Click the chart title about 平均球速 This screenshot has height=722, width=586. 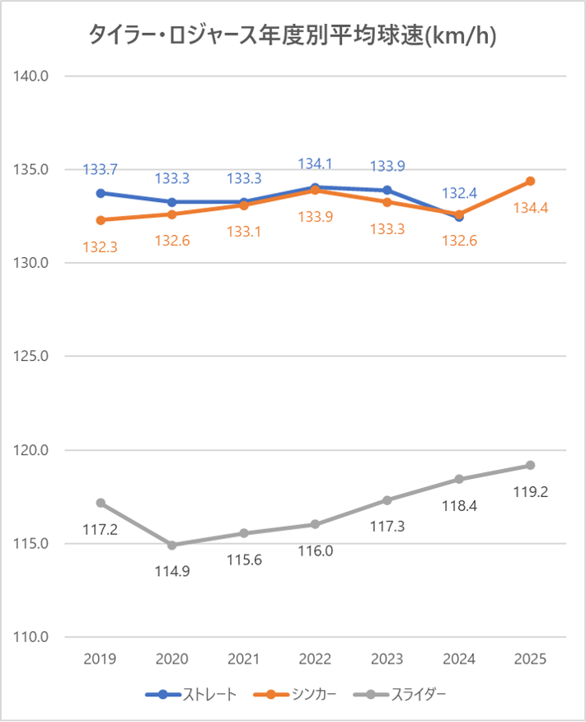[293, 35]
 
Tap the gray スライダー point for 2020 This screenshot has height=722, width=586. [172, 545]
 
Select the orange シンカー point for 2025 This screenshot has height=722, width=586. [531, 180]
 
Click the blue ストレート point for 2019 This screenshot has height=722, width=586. [101, 193]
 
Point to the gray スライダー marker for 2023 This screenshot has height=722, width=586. [387, 500]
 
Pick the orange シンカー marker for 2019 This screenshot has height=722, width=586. [101, 220]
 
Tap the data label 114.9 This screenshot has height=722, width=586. [171, 570]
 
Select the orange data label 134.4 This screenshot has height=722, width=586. [531, 208]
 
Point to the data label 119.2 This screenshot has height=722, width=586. [531, 492]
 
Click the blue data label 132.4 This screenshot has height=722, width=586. [459, 193]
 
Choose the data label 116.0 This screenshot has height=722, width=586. [315, 551]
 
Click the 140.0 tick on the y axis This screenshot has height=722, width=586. [33, 76]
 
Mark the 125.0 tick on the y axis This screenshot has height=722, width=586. [33, 357]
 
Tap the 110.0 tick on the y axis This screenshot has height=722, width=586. [33, 637]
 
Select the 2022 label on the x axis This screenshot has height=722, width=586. [315, 659]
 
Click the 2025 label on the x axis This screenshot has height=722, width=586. [531, 659]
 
